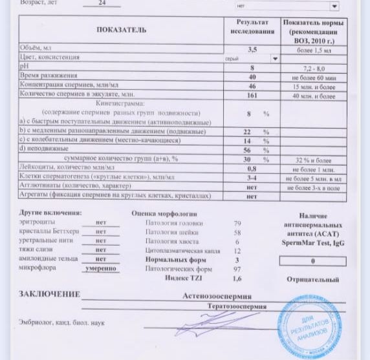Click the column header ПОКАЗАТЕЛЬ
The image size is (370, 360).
(121, 30)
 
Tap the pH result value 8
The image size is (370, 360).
(252, 68)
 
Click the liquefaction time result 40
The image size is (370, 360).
(252, 77)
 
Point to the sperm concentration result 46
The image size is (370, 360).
(252, 87)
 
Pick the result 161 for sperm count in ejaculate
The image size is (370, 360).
(252, 96)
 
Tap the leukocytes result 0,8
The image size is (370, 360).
(252, 167)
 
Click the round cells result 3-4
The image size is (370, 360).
(252, 176)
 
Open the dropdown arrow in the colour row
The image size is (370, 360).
(275, 58)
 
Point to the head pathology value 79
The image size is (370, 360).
(237, 222)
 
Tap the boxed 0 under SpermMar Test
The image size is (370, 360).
(312, 260)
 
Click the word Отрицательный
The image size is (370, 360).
(313, 280)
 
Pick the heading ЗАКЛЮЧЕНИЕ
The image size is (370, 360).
(49, 294)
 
